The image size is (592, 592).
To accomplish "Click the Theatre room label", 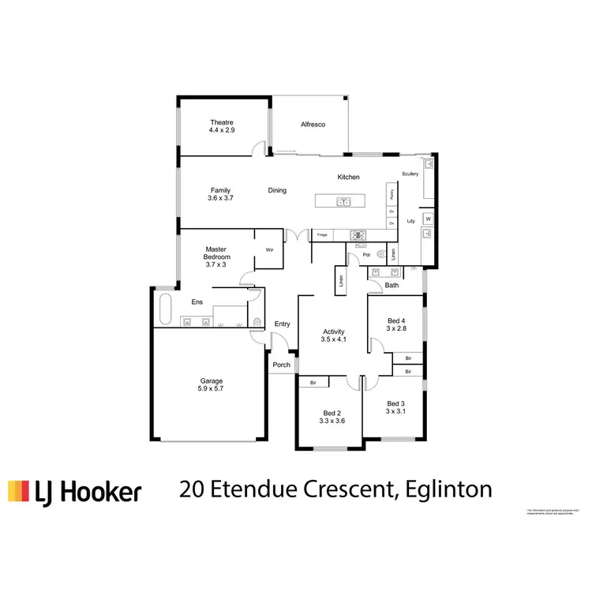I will point(222,126).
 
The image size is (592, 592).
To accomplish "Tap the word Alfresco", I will point(313,125).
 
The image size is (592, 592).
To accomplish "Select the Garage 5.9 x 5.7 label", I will point(210,384).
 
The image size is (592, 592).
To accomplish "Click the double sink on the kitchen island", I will point(343,202).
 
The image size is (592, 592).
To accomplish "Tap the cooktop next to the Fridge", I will point(357,234).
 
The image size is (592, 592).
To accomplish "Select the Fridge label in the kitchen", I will point(322,235).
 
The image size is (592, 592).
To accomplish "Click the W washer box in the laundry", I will point(428,219).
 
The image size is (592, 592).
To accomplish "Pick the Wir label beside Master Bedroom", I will point(268,250).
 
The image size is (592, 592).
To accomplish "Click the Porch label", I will point(281,365).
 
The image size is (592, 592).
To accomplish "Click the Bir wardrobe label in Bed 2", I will point(313,383).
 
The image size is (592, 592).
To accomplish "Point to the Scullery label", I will point(410,174).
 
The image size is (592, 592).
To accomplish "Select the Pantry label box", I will point(391,193).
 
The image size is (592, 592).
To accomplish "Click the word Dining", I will point(277,190).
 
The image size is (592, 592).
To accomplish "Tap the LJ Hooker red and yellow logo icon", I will point(19,491).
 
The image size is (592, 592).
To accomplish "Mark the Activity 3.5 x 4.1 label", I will point(335,335).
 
